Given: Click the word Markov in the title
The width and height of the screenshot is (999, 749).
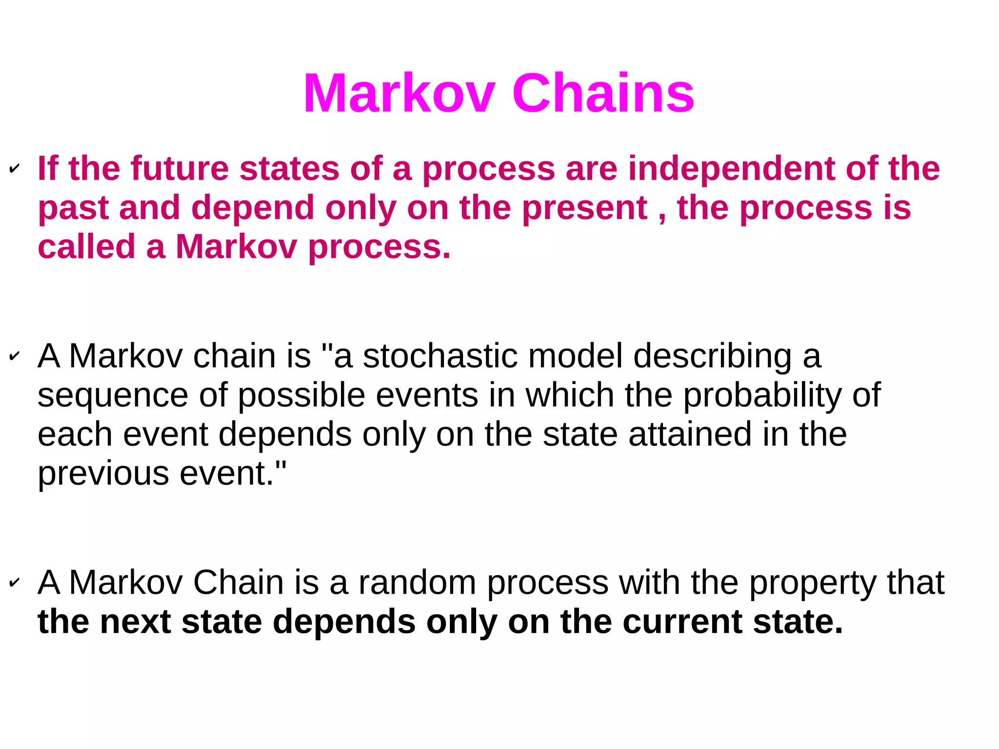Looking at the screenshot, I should (x=399, y=93).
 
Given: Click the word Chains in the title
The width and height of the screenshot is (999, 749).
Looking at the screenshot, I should (x=603, y=93).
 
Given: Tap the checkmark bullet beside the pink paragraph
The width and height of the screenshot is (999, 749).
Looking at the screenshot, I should (x=15, y=169).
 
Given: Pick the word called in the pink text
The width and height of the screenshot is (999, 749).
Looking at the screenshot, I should (x=86, y=246).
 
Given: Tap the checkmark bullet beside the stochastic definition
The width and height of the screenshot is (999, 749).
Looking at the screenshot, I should (x=15, y=356).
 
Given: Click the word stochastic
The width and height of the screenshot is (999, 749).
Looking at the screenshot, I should (x=440, y=356).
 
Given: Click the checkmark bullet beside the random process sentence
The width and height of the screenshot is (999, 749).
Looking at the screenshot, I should (x=15, y=582).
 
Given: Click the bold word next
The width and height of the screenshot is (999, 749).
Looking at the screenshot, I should (x=135, y=622).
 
